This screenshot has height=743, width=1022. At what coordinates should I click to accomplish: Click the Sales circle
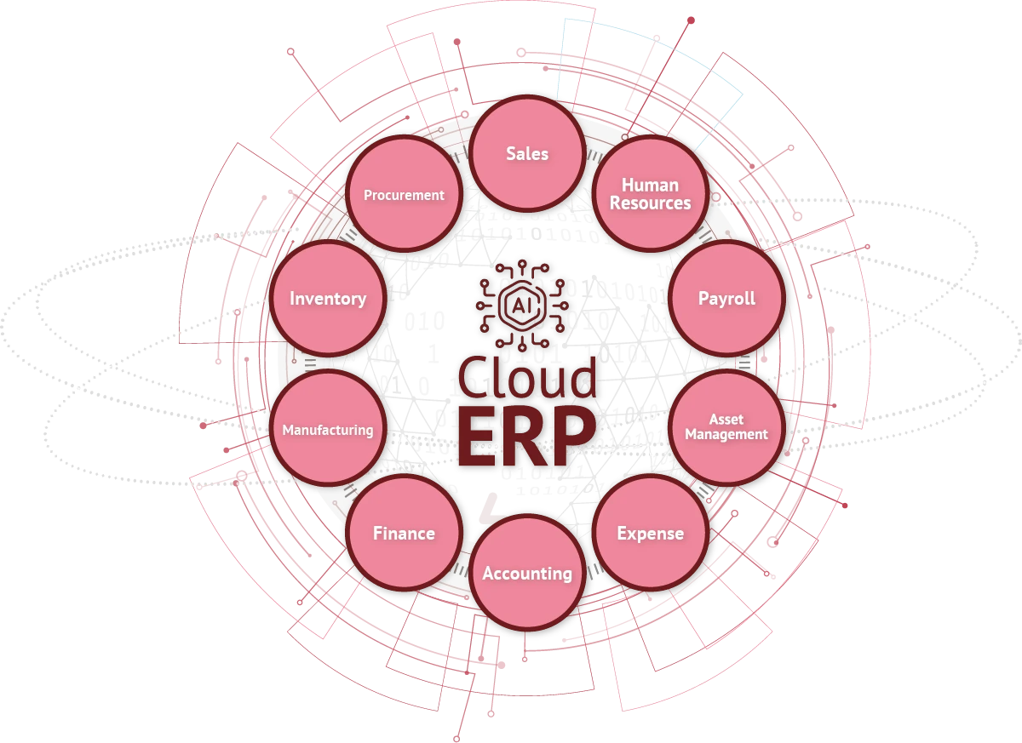(x=527, y=153)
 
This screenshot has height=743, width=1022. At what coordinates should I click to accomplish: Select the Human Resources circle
(x=651, y=194)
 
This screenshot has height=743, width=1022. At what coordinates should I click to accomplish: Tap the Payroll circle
(x=726, y=298)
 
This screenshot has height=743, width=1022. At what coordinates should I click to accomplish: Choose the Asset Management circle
(x=726, y=427)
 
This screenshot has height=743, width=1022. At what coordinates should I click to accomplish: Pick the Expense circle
(x=651, y=533)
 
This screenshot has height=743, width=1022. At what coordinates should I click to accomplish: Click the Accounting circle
(x=527, y=573)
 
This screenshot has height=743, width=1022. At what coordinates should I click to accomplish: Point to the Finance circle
(x=405, y=533)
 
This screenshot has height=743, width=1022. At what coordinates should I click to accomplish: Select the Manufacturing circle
(x=328, y=427)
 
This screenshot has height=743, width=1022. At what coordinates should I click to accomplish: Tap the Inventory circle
(x=328, y=298)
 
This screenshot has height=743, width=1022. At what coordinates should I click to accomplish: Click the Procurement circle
(x=405, y=194)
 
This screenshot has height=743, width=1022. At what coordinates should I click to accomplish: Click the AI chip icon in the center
(x=522, y=306)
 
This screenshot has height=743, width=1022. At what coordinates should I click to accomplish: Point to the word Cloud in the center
(x=527, y=377)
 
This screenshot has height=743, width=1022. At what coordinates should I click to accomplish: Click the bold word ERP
(x=527, y=437)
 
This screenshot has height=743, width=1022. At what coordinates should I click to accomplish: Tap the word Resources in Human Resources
(x=651, y=203)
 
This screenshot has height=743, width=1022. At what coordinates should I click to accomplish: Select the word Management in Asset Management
(x=726, y=434)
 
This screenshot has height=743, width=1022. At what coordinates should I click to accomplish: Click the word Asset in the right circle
(x=726, y=420)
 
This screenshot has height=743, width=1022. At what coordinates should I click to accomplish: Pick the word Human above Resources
(x=650, y=185)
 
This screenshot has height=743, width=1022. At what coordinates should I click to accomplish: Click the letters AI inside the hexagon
(x=522, y=306)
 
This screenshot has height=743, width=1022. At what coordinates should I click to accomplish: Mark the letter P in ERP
(x=573, y=437)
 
